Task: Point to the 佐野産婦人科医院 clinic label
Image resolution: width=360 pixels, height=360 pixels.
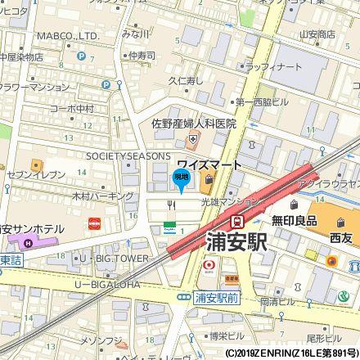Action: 193,124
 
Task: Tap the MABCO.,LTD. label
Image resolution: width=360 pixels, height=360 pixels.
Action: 68,36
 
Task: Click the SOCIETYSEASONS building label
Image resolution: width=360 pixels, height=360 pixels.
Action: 128,155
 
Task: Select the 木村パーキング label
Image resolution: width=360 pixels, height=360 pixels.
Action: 102,196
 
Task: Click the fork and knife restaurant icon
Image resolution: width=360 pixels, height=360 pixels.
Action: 171,205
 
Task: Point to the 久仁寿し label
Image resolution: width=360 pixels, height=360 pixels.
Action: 186,81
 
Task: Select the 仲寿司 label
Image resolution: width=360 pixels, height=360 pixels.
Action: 142,56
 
